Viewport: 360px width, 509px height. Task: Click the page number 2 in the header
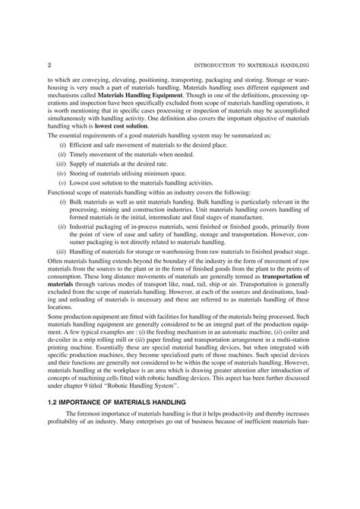tap(39, 65)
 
